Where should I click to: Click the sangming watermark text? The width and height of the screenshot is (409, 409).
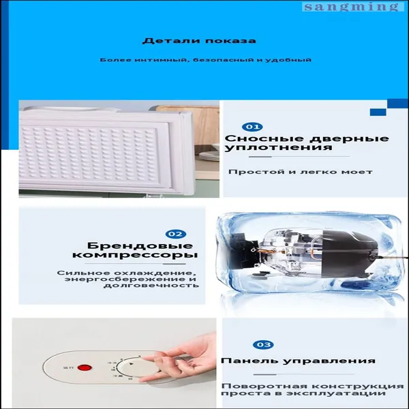pos(351,7)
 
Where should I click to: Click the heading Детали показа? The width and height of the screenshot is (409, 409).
pos(199,41)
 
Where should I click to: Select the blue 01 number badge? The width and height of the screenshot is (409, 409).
pos(252,127)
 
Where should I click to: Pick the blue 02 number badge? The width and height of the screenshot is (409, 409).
pos(176,234)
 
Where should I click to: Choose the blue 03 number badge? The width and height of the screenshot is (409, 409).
pos(263,344)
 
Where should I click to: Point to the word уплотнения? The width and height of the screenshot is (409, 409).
pos(278,148)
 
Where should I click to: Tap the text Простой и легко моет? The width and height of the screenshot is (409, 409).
pos(300,172)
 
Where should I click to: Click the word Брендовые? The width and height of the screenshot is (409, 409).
pos(140,245)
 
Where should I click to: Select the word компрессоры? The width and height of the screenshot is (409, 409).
pos(134,255)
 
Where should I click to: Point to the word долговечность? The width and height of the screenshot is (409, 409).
pos(151,285)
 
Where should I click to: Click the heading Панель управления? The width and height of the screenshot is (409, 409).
pos(298,361)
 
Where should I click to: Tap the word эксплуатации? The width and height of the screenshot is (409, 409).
pos(326,393)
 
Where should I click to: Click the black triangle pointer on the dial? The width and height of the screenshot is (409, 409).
pos(131,364)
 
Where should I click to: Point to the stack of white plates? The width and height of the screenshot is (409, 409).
pos(209,156)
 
